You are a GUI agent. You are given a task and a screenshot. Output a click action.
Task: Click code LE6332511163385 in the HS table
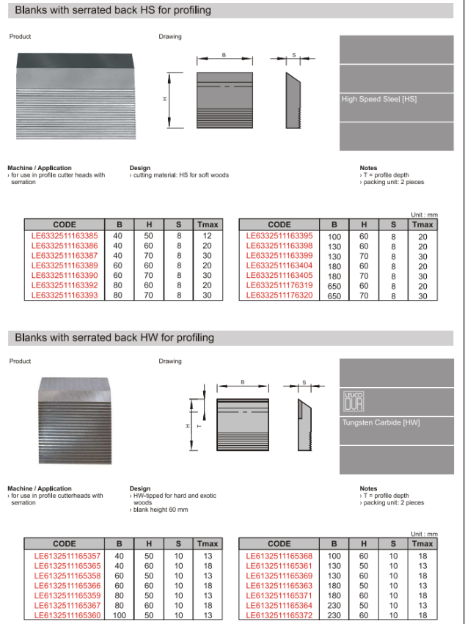65,236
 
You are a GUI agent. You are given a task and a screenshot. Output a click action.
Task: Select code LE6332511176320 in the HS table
279,296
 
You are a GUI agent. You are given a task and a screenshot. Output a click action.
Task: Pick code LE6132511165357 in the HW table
65,556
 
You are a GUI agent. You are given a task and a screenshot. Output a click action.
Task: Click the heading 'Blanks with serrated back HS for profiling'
113,11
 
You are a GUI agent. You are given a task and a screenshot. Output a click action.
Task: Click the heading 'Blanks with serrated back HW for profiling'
114,337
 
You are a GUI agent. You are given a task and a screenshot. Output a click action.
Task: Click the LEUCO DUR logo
354,401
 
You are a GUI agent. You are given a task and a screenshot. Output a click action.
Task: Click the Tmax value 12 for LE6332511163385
207,236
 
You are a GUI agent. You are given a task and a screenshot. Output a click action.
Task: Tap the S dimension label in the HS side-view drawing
293,55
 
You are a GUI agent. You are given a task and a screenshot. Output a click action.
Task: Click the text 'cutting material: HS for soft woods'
180,175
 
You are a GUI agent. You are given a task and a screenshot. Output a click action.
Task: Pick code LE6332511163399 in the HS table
279,256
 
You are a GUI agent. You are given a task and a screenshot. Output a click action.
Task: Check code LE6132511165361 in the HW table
279,565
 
